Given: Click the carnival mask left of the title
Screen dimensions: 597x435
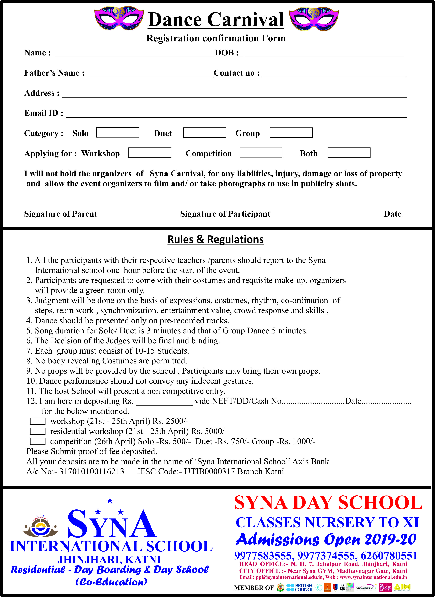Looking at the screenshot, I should pos(119,18).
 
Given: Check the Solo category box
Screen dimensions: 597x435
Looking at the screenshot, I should pos(117,133).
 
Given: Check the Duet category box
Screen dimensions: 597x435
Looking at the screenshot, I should pos(205,133).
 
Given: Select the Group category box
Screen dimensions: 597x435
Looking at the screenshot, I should pos(291,133).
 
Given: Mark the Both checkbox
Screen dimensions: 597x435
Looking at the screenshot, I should pos(349,153).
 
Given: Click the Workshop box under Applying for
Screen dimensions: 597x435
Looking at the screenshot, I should pos(150,153).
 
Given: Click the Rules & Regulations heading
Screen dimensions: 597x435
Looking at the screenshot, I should pos(215,239).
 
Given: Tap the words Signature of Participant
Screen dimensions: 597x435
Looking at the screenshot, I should pos(225,214).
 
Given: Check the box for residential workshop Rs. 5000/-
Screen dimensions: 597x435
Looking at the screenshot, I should pos(38,431).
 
